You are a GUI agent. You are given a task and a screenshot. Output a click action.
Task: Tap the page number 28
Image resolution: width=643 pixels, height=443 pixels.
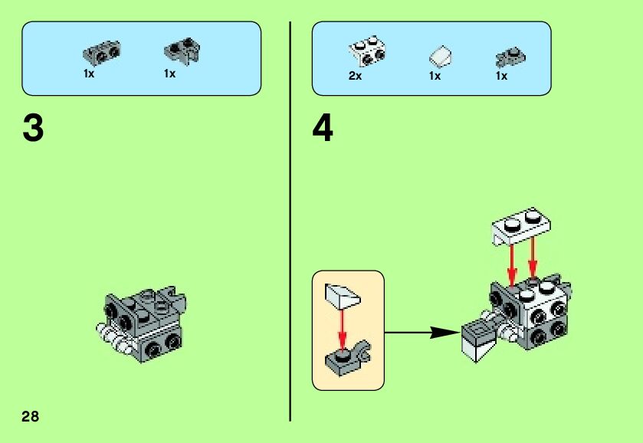click(30, 416)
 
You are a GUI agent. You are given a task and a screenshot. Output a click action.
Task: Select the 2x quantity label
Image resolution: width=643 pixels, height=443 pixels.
click(355, 76)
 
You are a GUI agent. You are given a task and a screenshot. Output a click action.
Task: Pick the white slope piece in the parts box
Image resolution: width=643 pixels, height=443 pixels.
click(440, 57)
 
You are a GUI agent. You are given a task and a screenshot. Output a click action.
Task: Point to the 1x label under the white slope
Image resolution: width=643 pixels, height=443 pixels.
click(435, 76)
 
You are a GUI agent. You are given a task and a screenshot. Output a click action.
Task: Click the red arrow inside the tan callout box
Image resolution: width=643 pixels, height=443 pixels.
click(342, 327)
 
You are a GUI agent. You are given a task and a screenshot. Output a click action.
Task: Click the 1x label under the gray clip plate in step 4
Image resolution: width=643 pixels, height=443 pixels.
click(501, 76)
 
